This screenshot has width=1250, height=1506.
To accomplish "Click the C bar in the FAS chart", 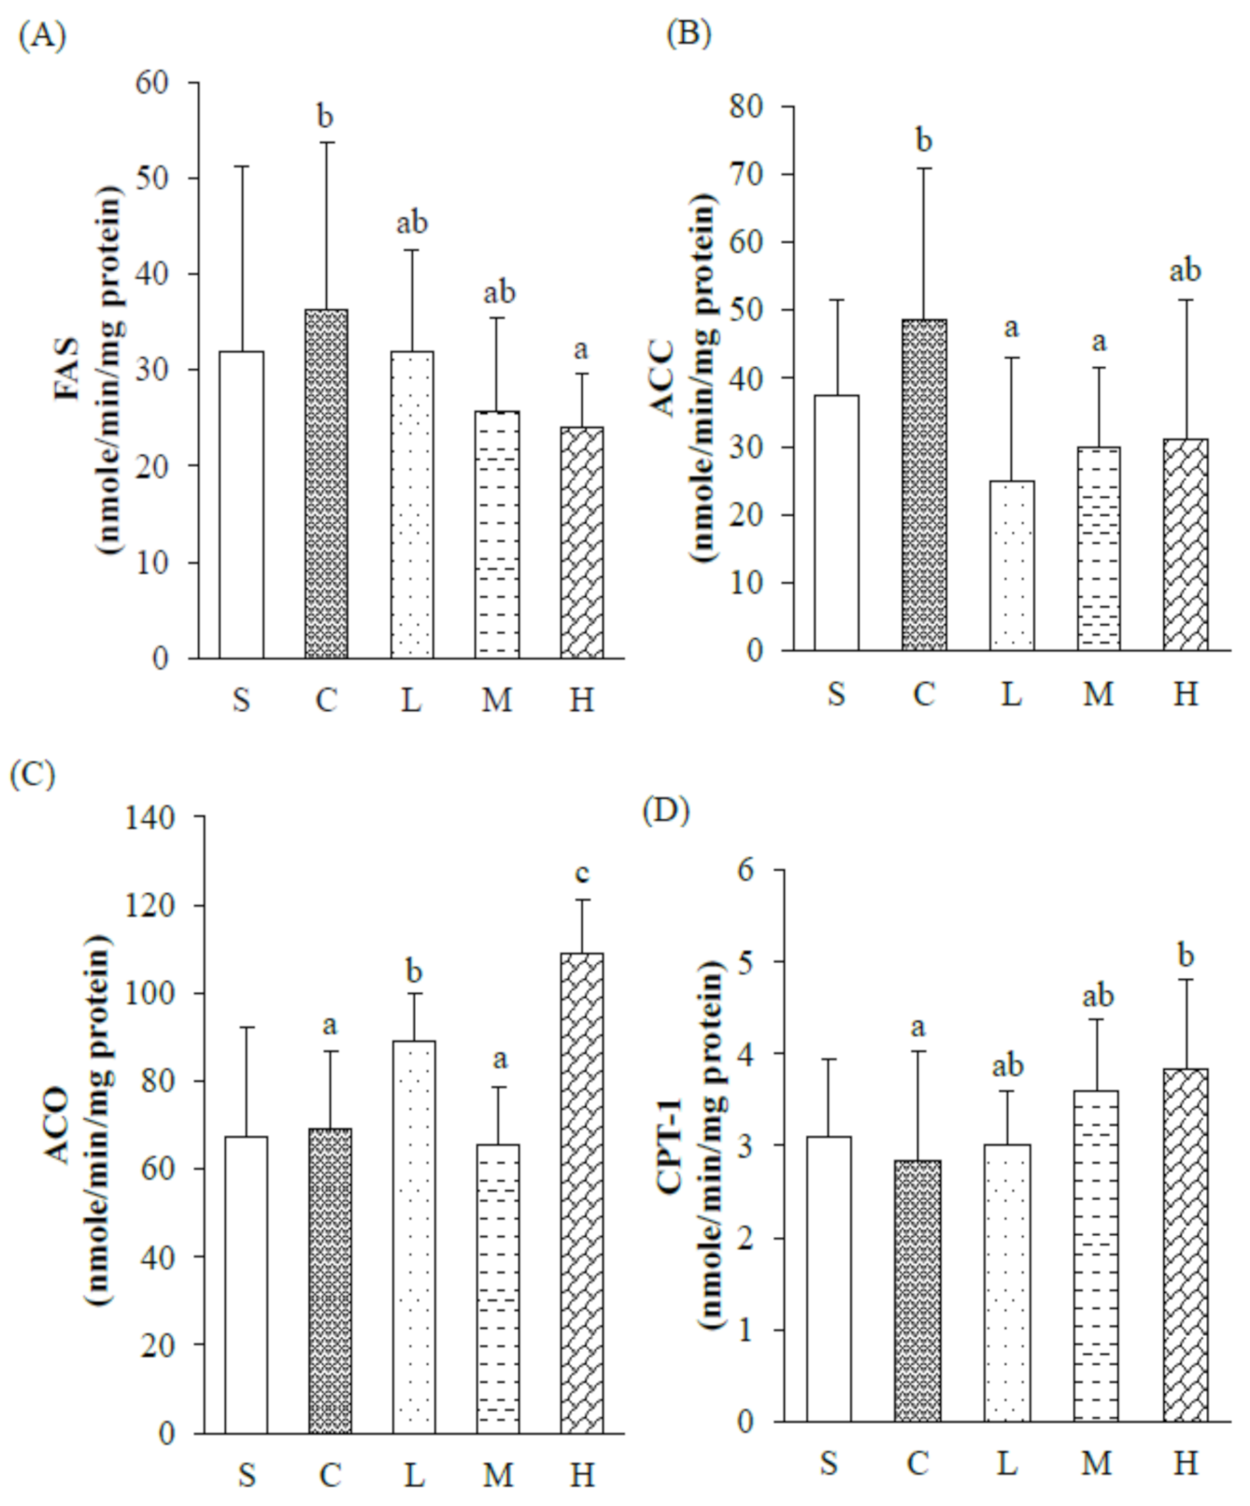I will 326,484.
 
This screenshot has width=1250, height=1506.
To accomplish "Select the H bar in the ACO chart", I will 582,1193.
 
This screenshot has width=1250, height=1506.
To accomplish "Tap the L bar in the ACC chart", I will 1012,565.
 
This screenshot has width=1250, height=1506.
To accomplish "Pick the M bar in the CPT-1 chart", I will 1097,1256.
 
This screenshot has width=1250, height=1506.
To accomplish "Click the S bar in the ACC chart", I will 836,522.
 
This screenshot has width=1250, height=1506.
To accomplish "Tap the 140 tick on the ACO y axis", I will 149,818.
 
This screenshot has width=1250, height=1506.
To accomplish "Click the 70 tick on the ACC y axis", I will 747,175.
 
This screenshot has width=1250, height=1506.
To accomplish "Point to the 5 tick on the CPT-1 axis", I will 745,961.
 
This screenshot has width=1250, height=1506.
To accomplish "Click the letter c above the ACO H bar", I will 582,874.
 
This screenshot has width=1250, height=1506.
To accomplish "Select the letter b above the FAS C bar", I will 325,117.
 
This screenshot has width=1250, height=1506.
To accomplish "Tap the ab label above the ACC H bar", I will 1186,271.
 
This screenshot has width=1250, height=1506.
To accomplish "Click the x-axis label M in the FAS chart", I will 497,699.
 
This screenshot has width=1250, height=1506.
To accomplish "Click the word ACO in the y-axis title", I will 58,1124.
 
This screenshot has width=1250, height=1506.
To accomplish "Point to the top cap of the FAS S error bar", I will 241,166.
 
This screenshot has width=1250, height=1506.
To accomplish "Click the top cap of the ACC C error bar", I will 924,168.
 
